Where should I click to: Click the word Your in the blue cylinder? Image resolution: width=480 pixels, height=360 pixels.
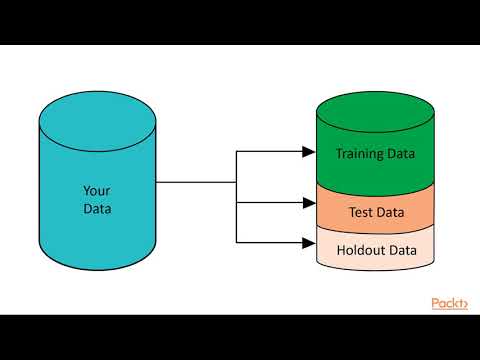(97, 190)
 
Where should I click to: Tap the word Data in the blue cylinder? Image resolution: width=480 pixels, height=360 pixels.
(97, 209)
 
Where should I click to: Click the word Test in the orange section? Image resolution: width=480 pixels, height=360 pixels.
(360, 212)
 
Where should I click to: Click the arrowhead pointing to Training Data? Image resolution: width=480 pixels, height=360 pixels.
(308, 153)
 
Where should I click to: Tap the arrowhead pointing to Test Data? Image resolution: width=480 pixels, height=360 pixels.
(308, 203)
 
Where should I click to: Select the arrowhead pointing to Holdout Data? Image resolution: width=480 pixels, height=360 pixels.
(308, 242)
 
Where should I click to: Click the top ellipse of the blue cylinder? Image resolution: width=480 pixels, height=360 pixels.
(97, 111)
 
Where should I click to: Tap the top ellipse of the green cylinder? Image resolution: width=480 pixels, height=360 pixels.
(375, 109)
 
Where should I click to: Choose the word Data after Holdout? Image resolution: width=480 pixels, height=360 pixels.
(399, 250)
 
